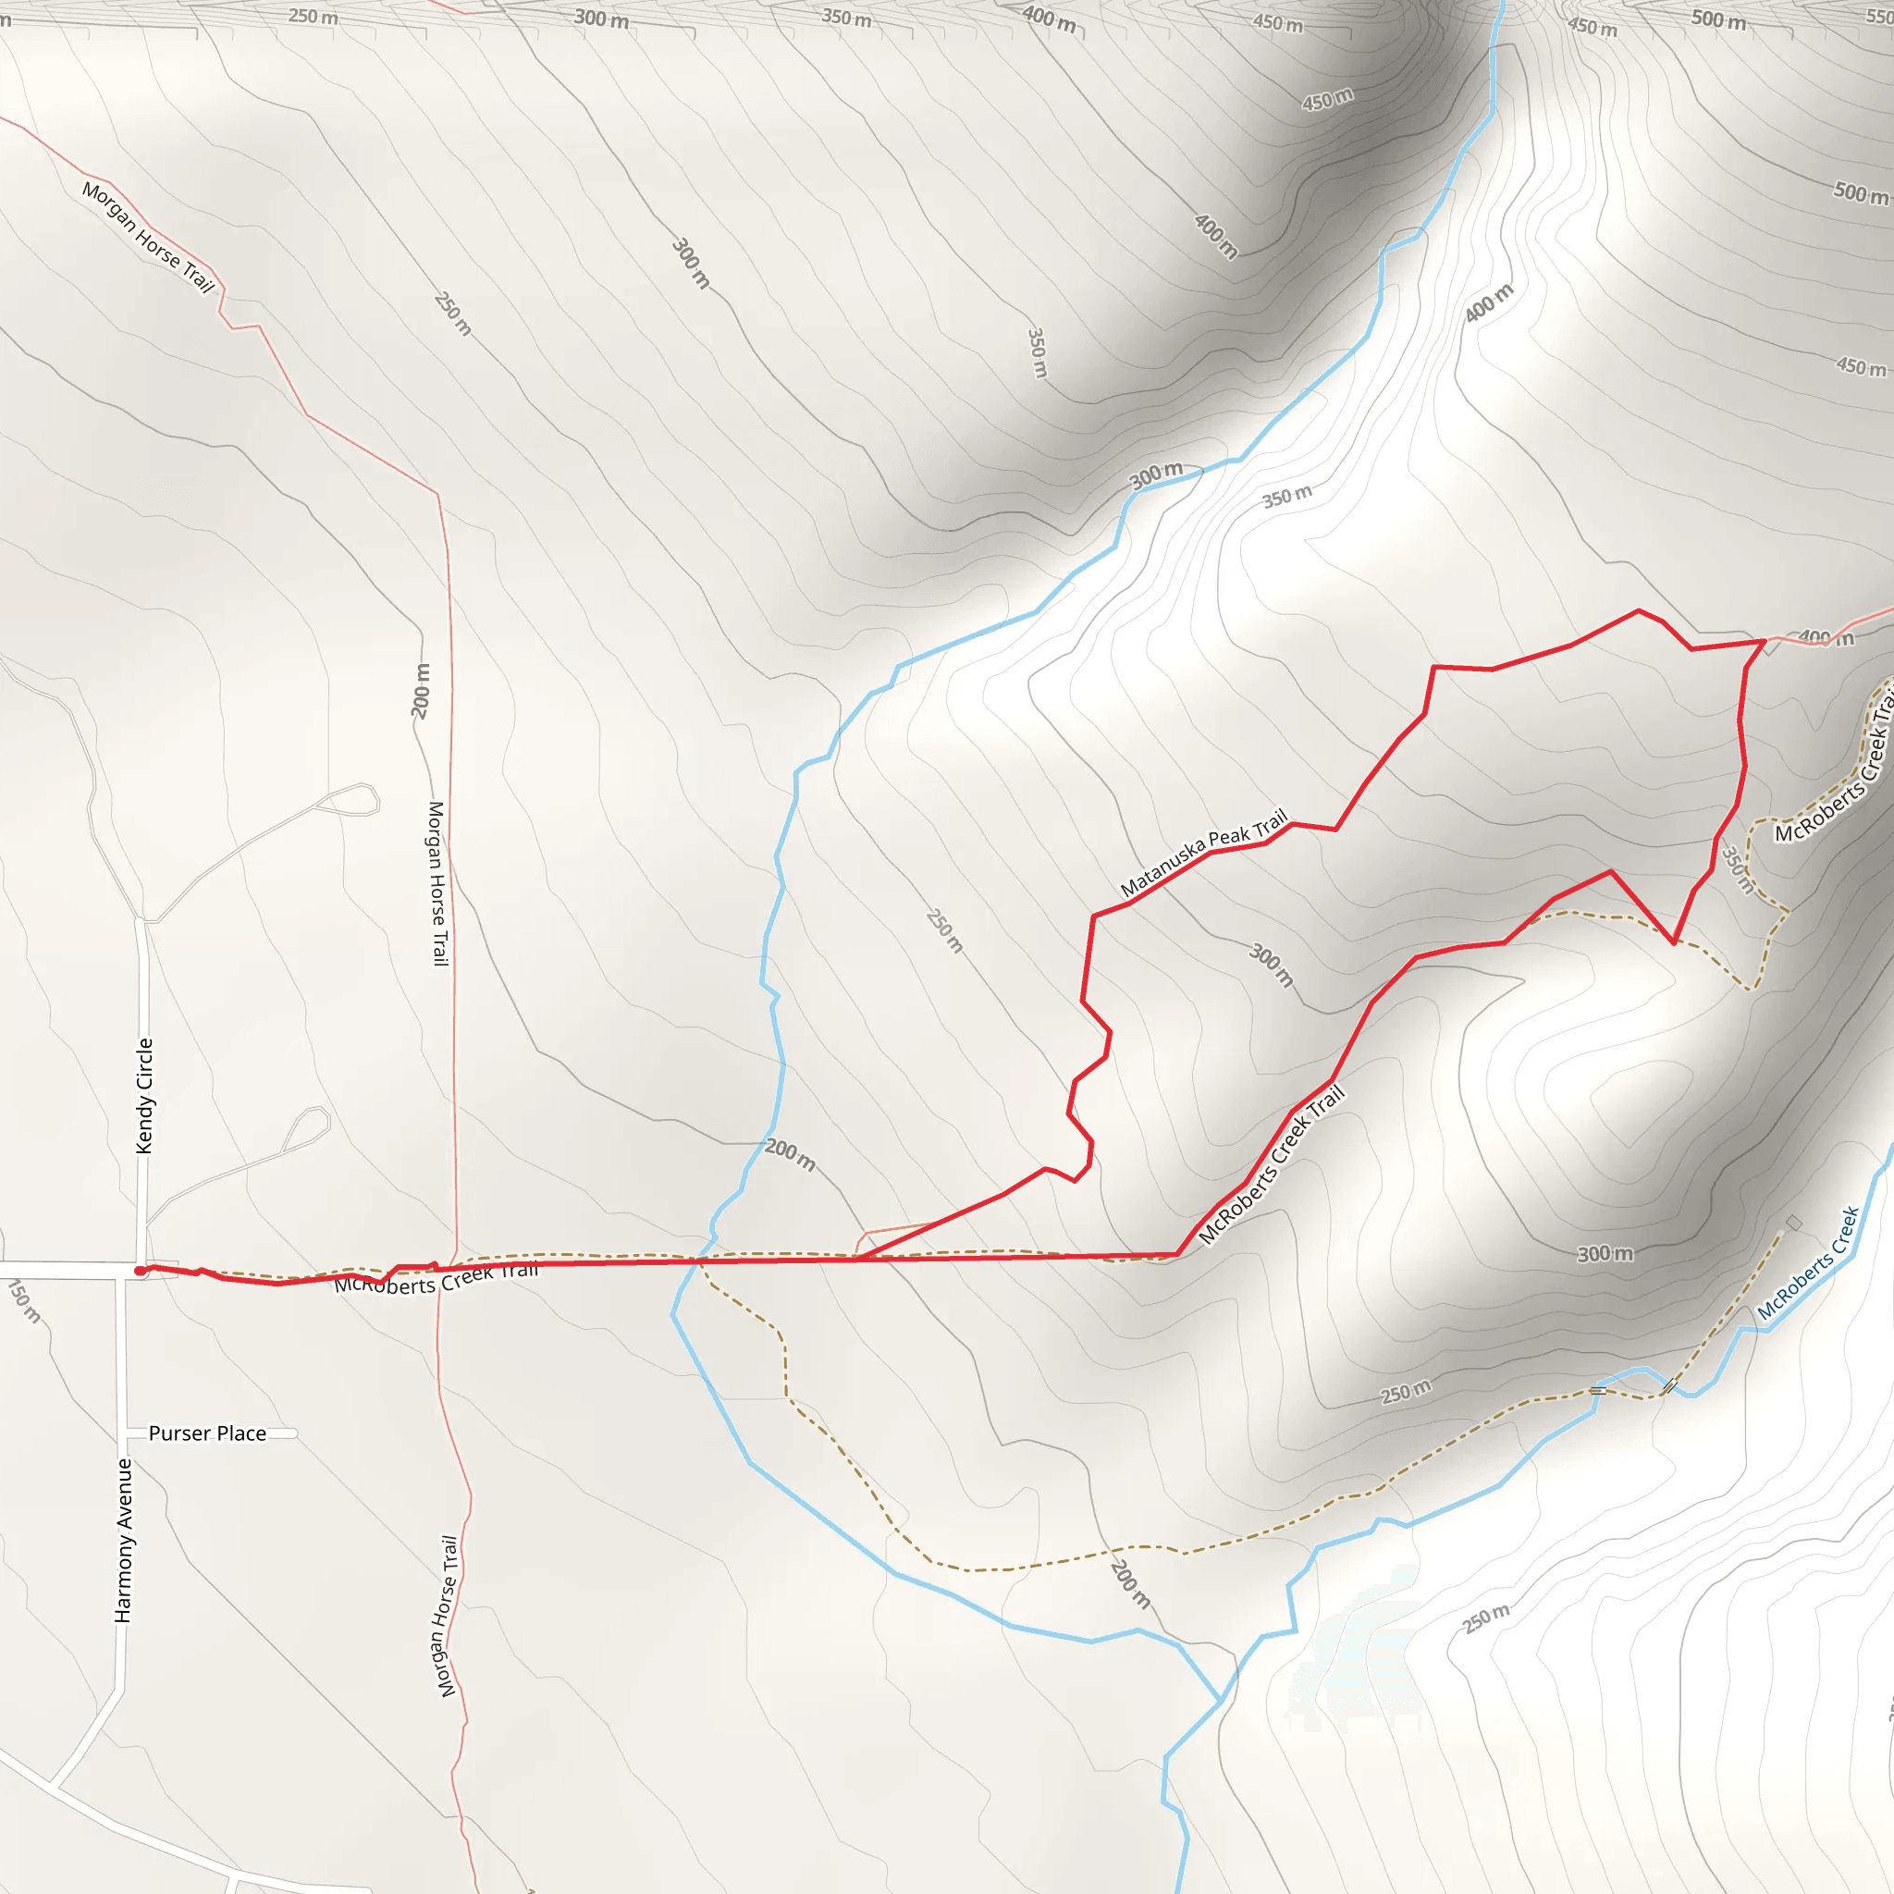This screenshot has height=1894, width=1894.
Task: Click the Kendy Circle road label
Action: click(x=145, y=1095)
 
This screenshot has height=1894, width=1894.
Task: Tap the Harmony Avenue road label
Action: click(x=124, y=1540)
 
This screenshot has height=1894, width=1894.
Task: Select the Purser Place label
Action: click(x=207, y=1433)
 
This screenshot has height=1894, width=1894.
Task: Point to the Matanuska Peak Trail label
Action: click(x=1203, y=853)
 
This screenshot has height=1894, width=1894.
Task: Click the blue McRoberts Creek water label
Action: click(x=1808, y=1263)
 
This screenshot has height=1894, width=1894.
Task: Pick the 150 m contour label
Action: click(x=25, y=1302)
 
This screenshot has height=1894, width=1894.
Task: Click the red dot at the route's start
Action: click(x=141, y=1272)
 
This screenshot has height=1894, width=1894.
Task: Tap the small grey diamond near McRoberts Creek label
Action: click(x=1793, y=1223)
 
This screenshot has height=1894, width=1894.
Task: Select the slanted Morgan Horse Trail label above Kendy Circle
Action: click(x=148, y=236)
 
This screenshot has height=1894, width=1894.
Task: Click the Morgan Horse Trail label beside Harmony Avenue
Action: click(x=447, y=1616)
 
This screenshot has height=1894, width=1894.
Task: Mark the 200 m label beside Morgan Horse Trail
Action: click(x=422, y=691)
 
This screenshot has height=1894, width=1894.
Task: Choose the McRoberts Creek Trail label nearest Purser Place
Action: click(x=437, y=1279)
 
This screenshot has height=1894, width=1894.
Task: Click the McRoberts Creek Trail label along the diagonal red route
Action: click(x=1271, y=1165)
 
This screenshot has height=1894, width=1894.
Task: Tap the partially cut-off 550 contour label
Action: click(x=1879, y=17)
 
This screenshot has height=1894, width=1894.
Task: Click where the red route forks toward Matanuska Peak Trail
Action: click(x=856, y=1259)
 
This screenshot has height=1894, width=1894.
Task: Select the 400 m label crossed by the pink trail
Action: click(x=1826, y=638)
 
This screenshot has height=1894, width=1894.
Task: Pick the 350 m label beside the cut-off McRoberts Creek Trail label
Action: click(x=1737, y=869)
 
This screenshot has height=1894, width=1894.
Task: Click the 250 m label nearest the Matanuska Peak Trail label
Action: click(x=945, y=930)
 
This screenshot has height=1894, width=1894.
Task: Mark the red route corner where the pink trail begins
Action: click(x=1765, y=641)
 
